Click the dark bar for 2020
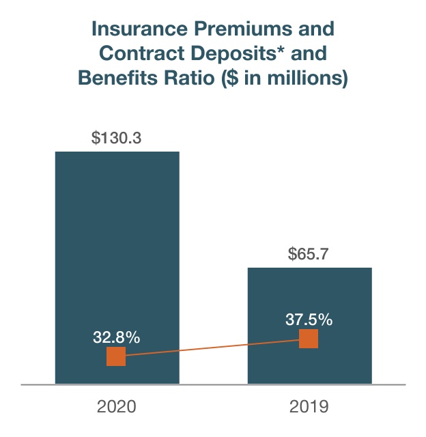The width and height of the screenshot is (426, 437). (117, 259)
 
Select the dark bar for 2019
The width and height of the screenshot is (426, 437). (309, 300)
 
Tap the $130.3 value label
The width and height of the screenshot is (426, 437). (117, 137)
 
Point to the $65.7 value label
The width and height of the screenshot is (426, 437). (309, 254)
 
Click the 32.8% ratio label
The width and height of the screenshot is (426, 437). (117, 337)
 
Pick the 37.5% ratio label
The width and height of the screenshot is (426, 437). (309, 319)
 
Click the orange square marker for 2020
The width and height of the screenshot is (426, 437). (116, 356)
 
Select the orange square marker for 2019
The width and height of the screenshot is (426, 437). (309, 339)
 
